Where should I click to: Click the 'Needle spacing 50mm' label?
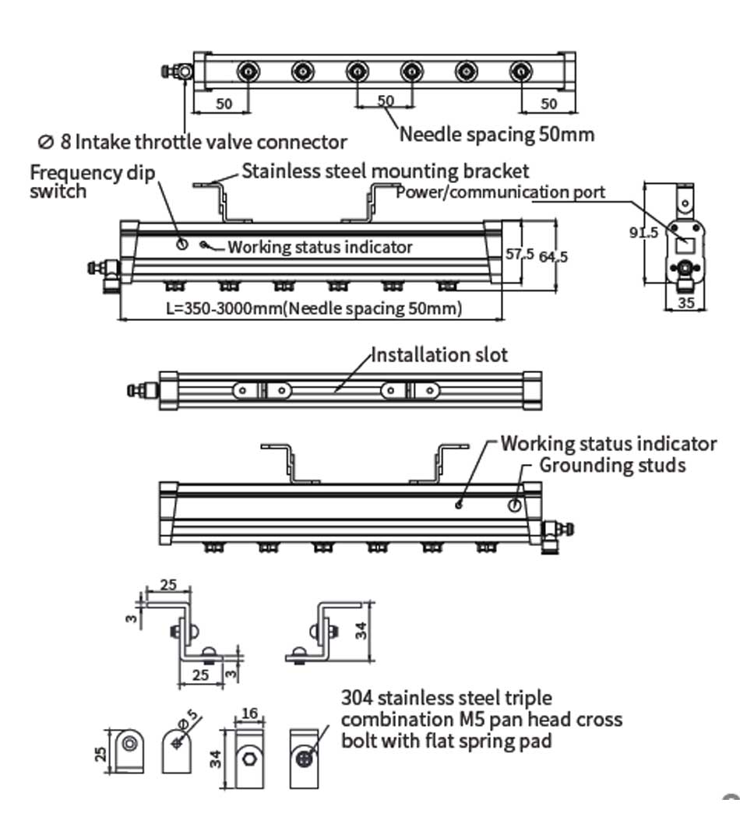click(496, 134)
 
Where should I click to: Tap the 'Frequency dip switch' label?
click(93, 181)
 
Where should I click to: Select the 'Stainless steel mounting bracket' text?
click(386, 171)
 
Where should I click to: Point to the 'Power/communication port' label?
click(500, 192)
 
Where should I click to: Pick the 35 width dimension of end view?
click(685, 303)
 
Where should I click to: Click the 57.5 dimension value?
click(520, 254)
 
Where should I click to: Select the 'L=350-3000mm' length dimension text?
click(315, 308)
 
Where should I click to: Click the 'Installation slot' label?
click(439, 355)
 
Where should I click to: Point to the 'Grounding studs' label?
click(613, 465)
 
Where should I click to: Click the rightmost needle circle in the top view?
click(520, 72)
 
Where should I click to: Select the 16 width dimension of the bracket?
click(250, 712)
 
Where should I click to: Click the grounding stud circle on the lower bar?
click(514, 504)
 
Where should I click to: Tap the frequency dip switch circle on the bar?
click(181, 244)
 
